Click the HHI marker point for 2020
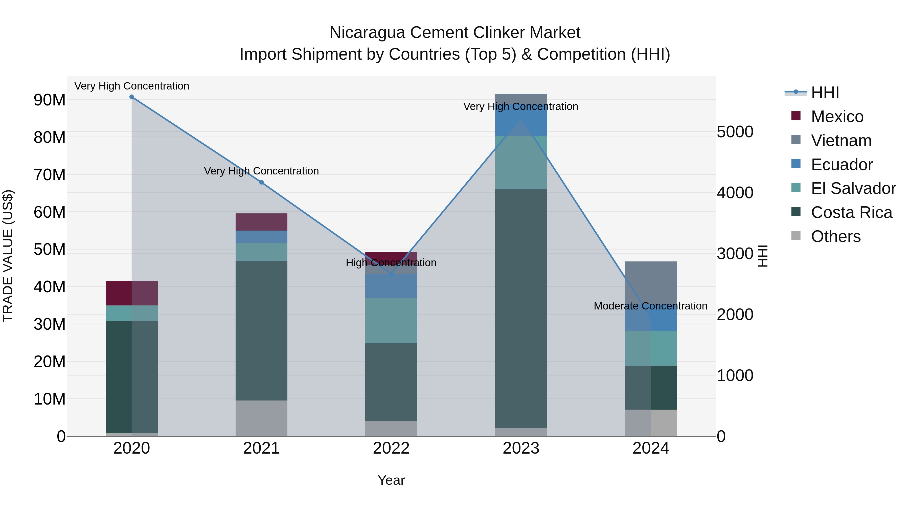coord(131,97)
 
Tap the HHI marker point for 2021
coord(261,182)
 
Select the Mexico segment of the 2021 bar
coord(261,222)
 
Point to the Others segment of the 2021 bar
coord(261,418)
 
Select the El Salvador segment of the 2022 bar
coord(391,321)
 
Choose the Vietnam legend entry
coord(841,141)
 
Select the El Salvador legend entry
coord(853,188)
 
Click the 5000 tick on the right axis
coord(735,132)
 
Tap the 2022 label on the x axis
coord(391,448)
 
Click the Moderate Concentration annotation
coord(650,306)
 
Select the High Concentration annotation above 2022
coord(391,263)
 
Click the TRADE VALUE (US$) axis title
coord(8,256)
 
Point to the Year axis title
coord(391,480)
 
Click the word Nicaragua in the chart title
coord(367,33)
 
